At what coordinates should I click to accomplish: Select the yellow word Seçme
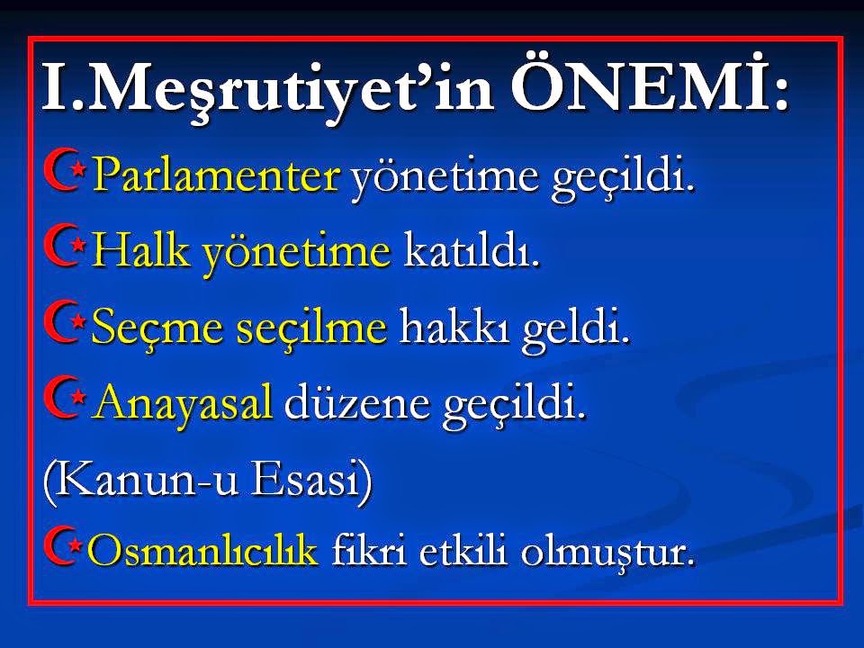pos(148,329)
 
